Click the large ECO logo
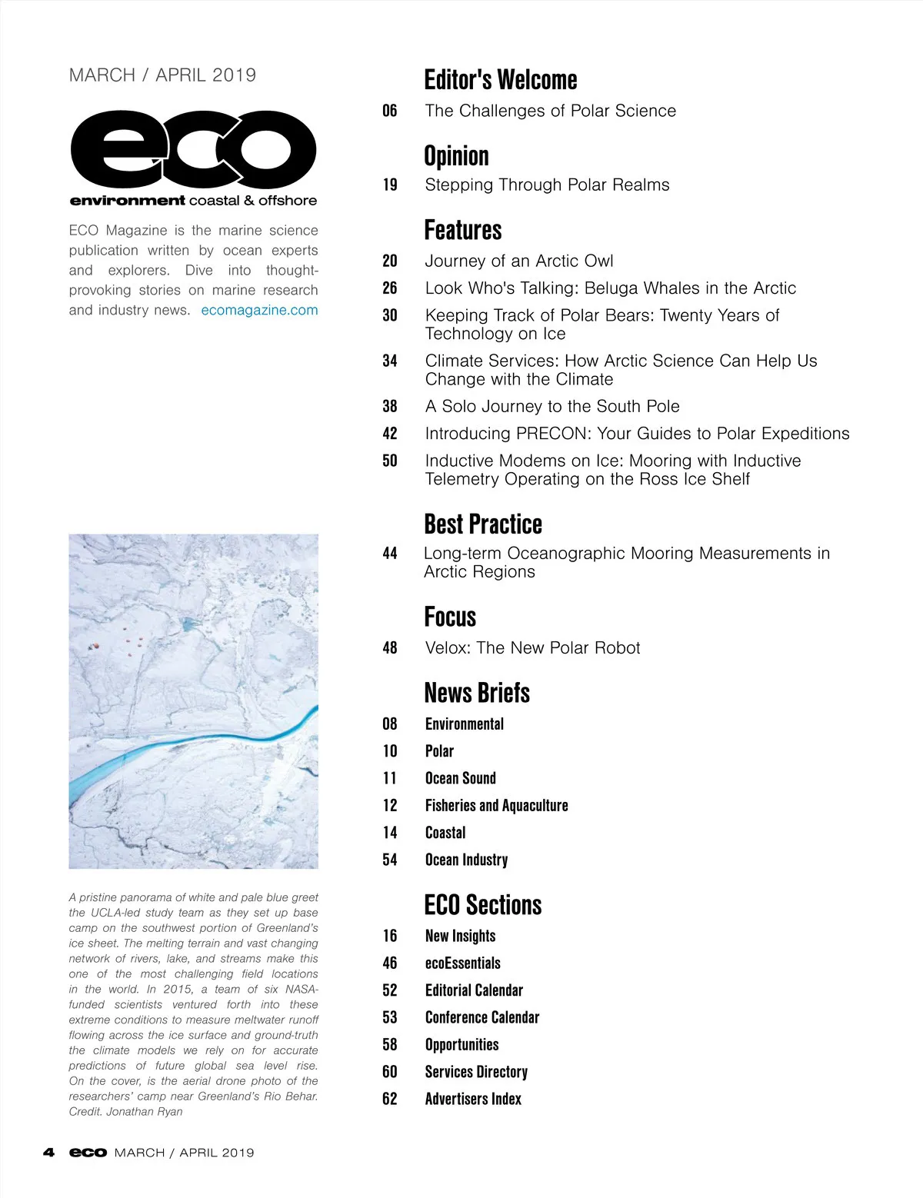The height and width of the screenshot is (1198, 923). (193, 149)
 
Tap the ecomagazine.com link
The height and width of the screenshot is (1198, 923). (259, 310)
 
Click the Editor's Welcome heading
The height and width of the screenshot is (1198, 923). (500, 80)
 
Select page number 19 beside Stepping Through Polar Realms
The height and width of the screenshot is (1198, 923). (390, 185)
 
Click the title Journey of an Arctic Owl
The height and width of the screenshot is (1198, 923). (519, 261)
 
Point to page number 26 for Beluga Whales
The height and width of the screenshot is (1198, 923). (390, 288)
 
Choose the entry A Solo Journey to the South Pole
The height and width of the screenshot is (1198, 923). (552, 406)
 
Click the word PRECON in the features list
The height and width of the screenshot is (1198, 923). (552, 434)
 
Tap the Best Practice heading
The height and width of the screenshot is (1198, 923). (483, 524)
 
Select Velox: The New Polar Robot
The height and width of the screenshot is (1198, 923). (532, 647)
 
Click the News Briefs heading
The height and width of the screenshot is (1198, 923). (477, 693)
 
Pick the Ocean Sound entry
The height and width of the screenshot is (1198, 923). (460, 778)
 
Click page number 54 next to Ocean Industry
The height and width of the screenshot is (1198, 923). (390, 860)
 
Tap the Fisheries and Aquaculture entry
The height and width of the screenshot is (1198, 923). (496, 805)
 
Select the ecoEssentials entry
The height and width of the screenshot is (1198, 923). (462, 963)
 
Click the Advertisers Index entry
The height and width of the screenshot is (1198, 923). (473, 1099)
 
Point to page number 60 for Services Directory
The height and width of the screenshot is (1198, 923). (390, 1072)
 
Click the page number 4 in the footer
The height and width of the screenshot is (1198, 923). (49, 1153)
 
